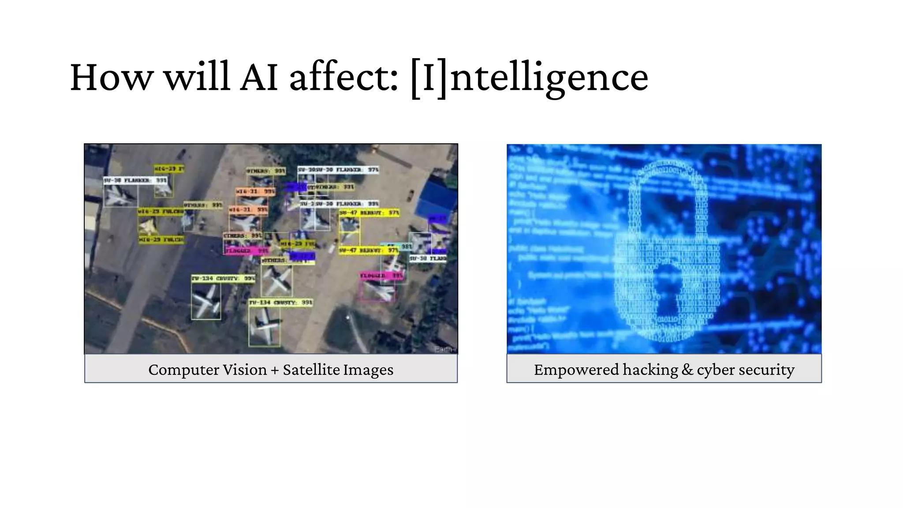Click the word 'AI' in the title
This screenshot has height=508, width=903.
point(259,77)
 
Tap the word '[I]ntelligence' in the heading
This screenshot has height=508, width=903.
point(529,77)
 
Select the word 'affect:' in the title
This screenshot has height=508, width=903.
point(343,77)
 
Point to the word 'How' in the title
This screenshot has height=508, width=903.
point(111,77)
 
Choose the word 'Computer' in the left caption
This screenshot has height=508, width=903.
point(207,370)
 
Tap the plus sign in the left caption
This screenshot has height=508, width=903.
point(275,370)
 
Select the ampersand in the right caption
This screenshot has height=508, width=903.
point(687,370)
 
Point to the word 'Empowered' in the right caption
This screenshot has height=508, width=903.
point(576,370)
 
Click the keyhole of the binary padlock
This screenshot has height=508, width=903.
point(667,282)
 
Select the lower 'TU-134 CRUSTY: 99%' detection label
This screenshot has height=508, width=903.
point(280,303)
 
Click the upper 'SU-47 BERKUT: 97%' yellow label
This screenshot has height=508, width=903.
point(369,213)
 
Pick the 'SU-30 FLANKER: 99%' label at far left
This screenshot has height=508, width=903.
point(135,180)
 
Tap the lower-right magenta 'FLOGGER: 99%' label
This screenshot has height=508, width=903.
point(381,276)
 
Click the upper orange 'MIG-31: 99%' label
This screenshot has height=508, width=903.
point(255,192)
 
